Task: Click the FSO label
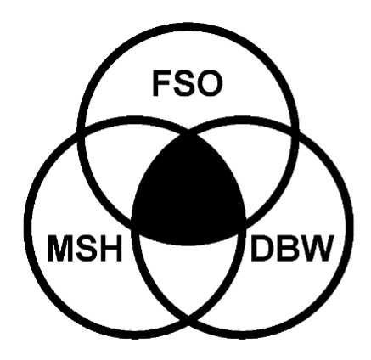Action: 188,83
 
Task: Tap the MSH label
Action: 84,248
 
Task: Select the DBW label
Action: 290,248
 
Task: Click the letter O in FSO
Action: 210,83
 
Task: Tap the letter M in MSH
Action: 59,248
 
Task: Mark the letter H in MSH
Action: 111,248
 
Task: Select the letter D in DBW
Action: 261,248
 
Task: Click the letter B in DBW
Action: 286,248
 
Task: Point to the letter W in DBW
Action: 315,248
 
